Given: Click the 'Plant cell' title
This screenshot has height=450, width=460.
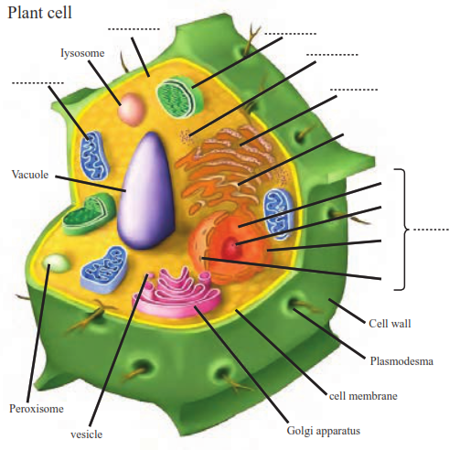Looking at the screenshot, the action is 39,13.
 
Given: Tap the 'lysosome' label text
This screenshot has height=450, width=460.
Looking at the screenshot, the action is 82,53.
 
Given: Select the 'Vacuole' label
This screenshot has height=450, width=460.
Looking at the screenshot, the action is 30,175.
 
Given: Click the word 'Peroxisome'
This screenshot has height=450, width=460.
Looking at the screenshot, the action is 37,409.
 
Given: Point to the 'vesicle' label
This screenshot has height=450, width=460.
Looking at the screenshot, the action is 87,434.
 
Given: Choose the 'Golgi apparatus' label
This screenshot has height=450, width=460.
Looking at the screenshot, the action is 324,431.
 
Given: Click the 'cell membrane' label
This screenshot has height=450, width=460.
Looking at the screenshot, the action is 363,396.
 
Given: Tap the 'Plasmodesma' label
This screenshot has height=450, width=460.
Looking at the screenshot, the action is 401,361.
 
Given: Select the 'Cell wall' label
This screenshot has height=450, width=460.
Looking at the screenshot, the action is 390,324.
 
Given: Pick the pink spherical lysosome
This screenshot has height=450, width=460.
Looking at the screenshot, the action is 131,109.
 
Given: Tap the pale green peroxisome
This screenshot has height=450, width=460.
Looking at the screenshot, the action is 57,264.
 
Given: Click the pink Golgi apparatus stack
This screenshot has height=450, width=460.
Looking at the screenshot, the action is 177,293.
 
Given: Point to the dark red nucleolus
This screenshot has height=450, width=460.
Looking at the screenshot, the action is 231,246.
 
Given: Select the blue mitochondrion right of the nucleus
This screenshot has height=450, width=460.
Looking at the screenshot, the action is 279,213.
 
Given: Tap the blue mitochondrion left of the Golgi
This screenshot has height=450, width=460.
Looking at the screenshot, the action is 103,270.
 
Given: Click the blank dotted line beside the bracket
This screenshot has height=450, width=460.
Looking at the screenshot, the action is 431,230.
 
